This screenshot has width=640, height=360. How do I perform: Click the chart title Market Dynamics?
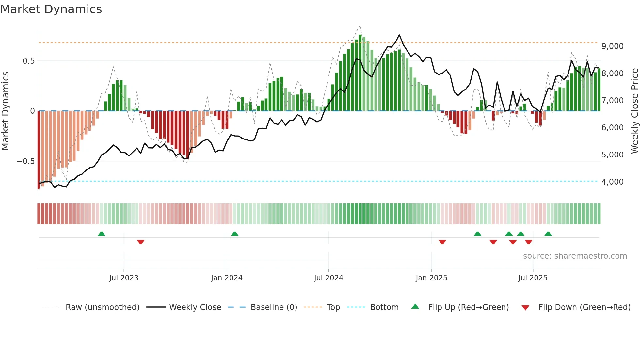point(51,9)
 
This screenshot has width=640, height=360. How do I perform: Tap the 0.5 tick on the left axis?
point(28,61)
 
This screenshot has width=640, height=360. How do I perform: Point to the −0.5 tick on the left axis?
point(25,161)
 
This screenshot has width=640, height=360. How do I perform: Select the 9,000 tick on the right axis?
point(612,46)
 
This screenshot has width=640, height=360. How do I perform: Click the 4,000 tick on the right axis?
point(612,182)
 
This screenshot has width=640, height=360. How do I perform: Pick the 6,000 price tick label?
point(612,128)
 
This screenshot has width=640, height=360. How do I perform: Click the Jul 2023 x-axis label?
point(124,278)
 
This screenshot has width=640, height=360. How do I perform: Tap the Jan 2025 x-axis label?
point(431,278)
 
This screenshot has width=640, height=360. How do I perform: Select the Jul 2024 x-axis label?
point(328,278)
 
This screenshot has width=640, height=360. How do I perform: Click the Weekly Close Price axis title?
point(634,111)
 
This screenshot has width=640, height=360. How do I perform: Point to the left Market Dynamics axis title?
point(5,111)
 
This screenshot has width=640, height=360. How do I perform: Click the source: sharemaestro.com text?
point(575,256)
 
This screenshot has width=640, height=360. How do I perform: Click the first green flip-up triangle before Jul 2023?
point(102,234)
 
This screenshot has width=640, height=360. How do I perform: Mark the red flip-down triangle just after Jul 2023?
point(141,242)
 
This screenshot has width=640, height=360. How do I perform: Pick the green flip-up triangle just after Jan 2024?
point(235,234)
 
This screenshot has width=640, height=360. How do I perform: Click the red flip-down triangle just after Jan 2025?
point(442,242)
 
